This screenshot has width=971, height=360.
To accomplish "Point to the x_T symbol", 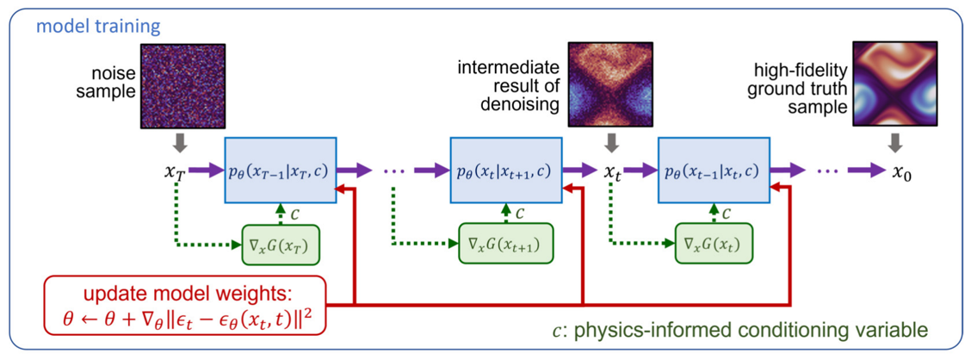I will point(176,171).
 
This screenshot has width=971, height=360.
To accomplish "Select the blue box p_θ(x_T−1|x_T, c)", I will point(279,171).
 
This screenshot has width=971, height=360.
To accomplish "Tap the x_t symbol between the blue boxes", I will point(612,171).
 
